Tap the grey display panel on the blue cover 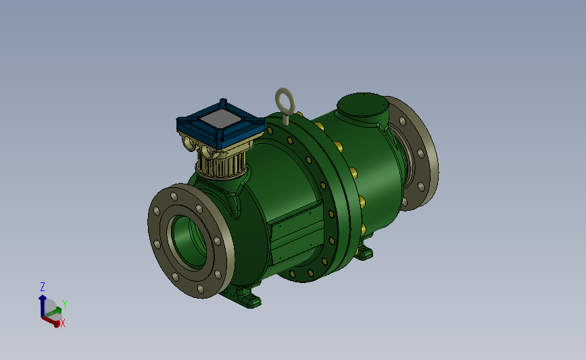221,119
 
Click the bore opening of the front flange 189,242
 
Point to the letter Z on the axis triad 43,287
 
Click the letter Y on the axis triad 65,304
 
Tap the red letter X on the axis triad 63,324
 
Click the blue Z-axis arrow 42,306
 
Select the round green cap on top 362,105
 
